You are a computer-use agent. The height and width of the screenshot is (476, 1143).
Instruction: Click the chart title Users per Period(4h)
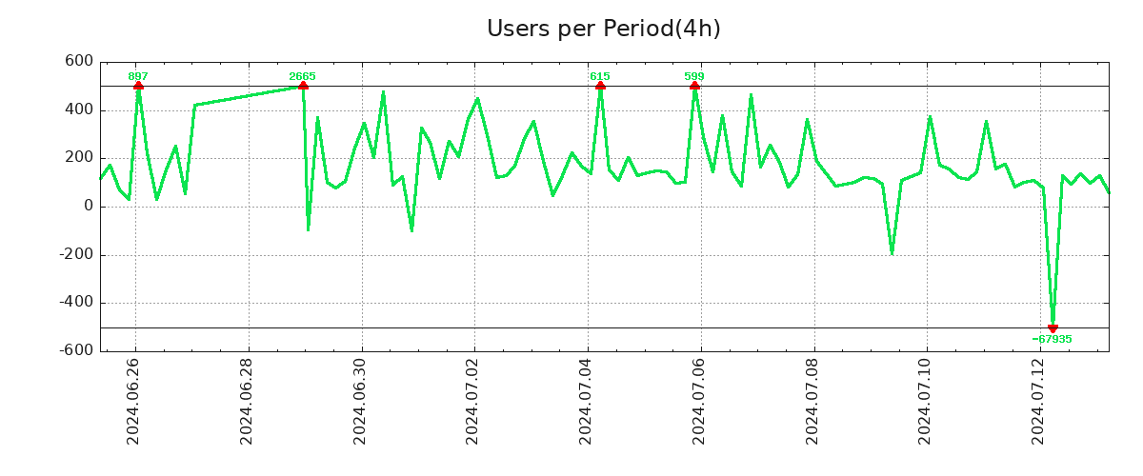pos(603,29)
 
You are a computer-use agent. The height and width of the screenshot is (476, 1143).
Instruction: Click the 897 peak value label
pos(138,76)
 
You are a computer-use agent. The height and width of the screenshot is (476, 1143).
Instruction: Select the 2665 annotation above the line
pos(302,76)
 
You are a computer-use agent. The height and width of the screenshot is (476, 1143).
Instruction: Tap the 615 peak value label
pos(599,76)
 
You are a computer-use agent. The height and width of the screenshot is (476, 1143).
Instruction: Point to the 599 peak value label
pos(694,76)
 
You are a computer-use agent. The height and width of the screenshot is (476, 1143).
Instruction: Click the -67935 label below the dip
pos(1052,339)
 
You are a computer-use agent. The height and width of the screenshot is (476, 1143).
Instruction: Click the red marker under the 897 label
pos(138,86)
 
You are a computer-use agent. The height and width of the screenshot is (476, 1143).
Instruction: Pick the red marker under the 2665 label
pos(303,86)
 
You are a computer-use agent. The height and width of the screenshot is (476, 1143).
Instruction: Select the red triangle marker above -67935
pos(1053,327)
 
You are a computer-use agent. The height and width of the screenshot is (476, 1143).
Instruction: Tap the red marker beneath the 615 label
pos(600,86)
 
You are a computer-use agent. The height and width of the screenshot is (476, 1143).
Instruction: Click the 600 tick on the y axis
pos(79,62)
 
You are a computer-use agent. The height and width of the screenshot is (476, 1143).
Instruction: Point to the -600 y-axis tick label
pos(75,350)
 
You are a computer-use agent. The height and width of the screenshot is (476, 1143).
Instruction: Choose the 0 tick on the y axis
pos(88,207)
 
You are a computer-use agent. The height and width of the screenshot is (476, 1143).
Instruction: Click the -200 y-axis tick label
pos(75,254)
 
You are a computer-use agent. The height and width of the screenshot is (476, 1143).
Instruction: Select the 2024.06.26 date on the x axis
pos(134,404)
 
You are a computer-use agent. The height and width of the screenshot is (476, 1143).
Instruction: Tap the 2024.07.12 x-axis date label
pos(1039,404)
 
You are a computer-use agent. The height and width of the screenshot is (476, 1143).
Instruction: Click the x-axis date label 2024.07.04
pos(587,404)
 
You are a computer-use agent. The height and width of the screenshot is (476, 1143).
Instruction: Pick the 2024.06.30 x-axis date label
pos(361,404)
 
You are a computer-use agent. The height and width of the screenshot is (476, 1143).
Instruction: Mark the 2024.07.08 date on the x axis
pos(813,404)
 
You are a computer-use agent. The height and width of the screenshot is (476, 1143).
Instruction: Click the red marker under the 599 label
pos(694,86)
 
